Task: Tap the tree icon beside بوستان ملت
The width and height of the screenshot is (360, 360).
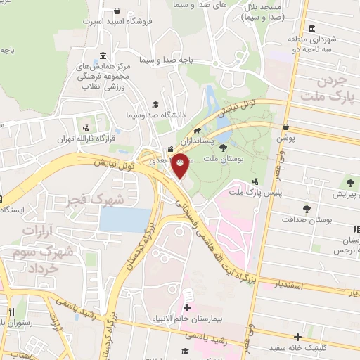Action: point(223,148)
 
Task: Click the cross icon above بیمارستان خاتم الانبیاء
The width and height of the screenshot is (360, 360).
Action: point(187,308)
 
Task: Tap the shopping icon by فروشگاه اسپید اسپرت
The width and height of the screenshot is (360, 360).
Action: point(115,12)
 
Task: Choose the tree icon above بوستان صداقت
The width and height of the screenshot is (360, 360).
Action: point(307,209)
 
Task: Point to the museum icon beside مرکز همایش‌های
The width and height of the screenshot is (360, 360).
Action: point(103,56)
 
